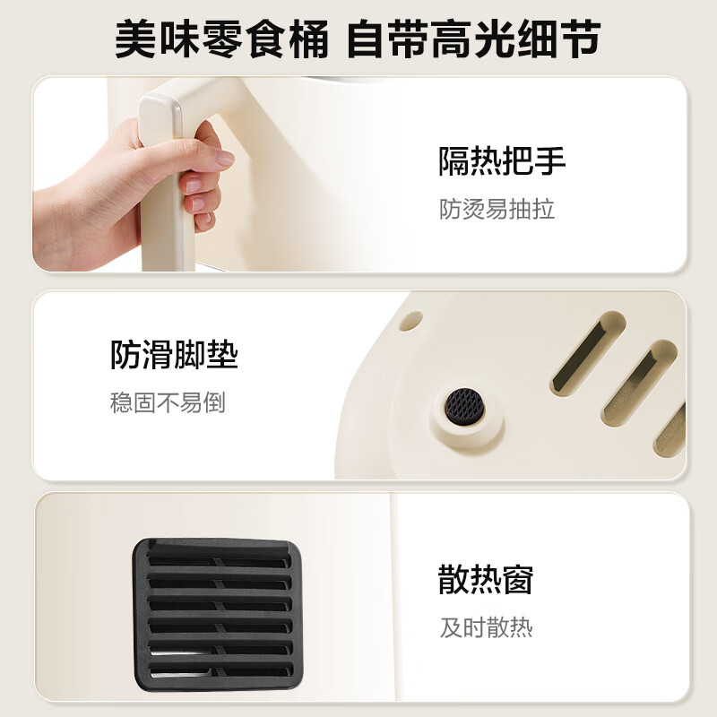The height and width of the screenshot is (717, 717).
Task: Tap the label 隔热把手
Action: [x=502, y=162]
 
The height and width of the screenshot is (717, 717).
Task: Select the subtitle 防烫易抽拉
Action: [x=497, y=209]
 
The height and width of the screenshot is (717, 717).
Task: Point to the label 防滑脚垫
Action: [x=174, y=355]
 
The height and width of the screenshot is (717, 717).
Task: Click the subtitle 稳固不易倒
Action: [x=168, y=402]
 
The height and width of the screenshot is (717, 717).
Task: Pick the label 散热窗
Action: [x=486, y=580]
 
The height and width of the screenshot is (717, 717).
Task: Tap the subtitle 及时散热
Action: [x=486, y=627]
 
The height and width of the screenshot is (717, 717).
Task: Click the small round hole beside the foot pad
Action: [x=410, y=319]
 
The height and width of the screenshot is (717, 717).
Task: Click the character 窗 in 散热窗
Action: [x=518, y=580]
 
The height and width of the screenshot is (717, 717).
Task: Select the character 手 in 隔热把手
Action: [x=550, y=162]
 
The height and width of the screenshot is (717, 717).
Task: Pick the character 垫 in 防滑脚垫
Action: [x=222, y=355]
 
